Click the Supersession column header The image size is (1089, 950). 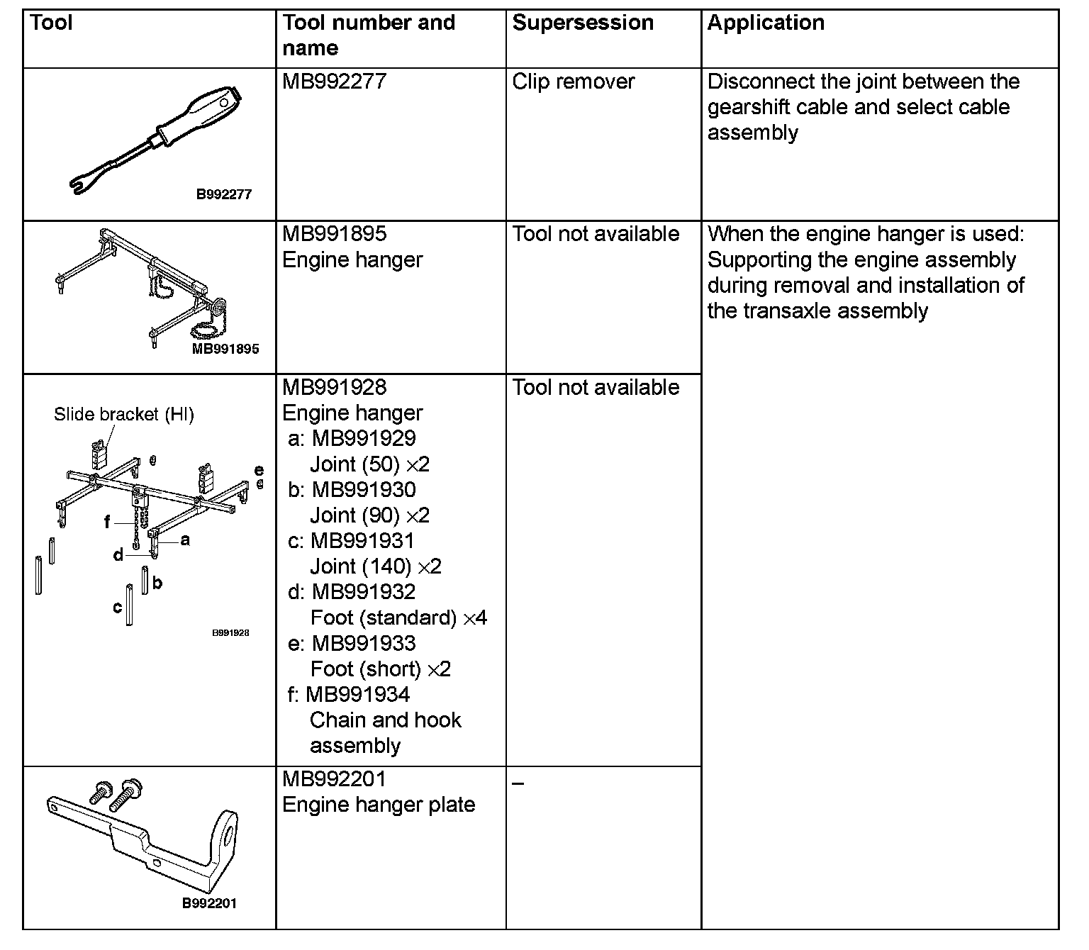coord(583,23)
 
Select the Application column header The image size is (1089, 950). coord(766,23)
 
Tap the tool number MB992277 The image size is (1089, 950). coord(334,82)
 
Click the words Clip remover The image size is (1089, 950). coord(573,82)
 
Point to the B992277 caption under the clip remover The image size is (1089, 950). coord(223,194)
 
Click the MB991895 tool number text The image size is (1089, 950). coord(334,234)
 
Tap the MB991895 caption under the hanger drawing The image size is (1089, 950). coord(225,349)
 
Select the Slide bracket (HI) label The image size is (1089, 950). coord(123,415)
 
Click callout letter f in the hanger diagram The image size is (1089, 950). coord(107,522)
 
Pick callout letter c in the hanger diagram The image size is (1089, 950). coord(118,608)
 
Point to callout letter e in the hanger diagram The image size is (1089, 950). coord(259,470)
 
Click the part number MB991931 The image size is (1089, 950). coord(362,541)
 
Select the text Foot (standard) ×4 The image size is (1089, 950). coord(398,617)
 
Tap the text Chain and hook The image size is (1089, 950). coord(385,720)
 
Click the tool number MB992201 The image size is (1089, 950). coord(334,779)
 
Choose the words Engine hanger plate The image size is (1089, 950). coord(379,805)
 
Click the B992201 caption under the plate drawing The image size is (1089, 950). coord(209,903)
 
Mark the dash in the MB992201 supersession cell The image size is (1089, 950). coord(518,783)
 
